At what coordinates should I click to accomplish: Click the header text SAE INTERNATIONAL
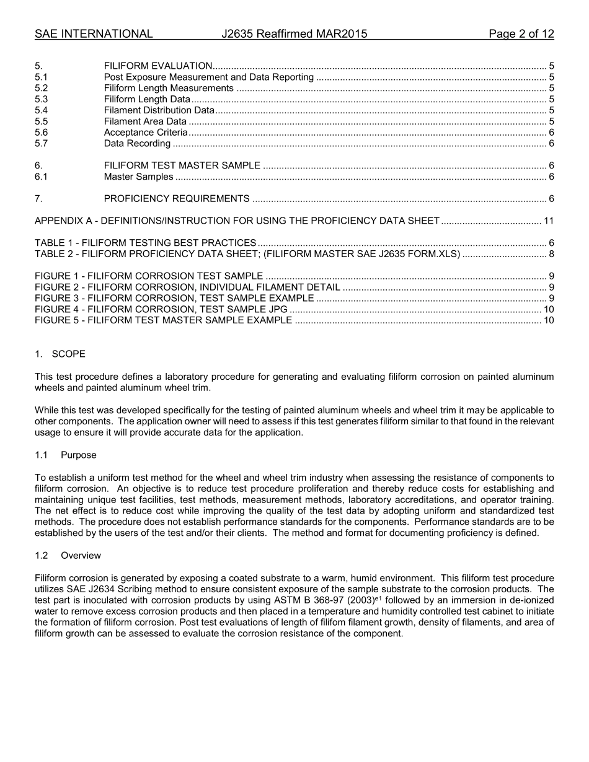pos(94,34)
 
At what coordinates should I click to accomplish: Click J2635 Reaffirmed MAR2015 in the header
pos(294,34)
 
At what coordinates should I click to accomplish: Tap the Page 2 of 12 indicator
pos(521,34)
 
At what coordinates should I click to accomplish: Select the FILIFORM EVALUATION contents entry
pos(158,66)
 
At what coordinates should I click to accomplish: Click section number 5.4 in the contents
pos(42,111)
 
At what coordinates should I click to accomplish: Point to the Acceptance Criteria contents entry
pos(146,133)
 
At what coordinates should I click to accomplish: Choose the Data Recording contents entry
pos(137,144)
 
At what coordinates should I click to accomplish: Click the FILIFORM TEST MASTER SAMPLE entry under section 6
pos(182,166)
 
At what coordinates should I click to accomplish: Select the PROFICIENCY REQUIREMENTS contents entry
pos(177,199)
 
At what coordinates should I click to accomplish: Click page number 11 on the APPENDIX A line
pos(549,221)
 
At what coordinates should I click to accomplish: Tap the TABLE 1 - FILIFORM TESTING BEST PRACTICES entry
pos(146,243)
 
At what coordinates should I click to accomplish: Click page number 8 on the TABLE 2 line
pos(551,254)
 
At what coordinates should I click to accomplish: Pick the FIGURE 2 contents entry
pos(187,287)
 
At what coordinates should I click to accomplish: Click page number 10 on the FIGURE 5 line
pos(549,321)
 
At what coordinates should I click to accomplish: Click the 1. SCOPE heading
pos(60,354)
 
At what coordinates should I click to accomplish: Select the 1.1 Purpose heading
pos(66,455)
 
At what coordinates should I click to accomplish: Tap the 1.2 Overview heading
pos(68,556)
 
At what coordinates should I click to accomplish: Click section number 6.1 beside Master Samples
pos(42,177)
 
